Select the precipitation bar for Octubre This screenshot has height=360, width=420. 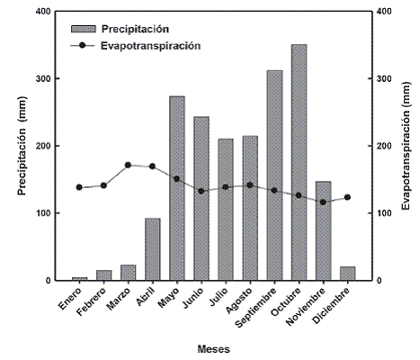click(x=299, y=162)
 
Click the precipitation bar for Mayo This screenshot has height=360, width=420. click(x=177, y=188)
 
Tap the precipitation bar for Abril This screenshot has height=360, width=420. click(x=153, y=249)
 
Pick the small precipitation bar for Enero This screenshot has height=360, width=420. click(x=79, y=279)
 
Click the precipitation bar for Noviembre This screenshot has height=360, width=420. click(x=323, y=230)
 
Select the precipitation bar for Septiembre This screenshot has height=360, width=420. click(x=274, y=175)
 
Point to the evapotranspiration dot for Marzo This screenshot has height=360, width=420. click(x=128, y=165)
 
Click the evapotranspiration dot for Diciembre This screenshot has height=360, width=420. click(x=347, y=197)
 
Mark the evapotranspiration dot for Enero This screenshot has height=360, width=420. click(x=79, y=187)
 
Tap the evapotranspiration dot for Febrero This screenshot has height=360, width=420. click(x=103, y=185)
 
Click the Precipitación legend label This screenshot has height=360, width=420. click(x=135, y=29)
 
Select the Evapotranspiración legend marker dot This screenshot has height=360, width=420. click(x=83, y=45)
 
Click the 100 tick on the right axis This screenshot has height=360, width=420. click(x=370, y=213)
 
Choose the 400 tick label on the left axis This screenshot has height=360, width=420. click(x=44, y=12)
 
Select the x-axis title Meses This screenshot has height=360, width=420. click(x=214, y=349)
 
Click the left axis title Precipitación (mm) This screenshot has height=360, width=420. click(x=22, y=146)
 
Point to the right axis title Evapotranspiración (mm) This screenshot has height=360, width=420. click(x=406, y=146)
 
